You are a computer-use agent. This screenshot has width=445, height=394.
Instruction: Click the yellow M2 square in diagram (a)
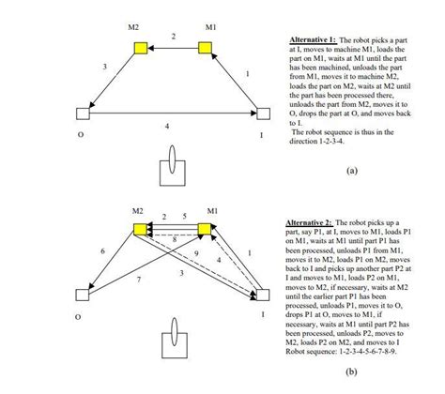[140, 47]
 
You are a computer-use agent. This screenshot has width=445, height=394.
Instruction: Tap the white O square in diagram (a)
[83, 114]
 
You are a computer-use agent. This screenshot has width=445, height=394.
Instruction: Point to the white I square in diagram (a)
[262, 114]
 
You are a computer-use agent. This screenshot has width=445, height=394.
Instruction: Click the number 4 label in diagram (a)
[168, 125]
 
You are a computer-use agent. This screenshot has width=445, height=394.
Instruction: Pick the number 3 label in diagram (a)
[104, 66]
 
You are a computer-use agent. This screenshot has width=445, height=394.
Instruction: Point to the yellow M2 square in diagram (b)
[140, 229]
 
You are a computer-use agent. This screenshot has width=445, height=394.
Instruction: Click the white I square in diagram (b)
[262, 295]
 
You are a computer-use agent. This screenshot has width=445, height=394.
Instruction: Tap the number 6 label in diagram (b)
[102, 252]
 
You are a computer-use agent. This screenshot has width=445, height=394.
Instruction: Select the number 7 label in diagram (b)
[138, 280]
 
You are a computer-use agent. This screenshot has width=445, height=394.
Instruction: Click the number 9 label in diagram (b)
[196, 253]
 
